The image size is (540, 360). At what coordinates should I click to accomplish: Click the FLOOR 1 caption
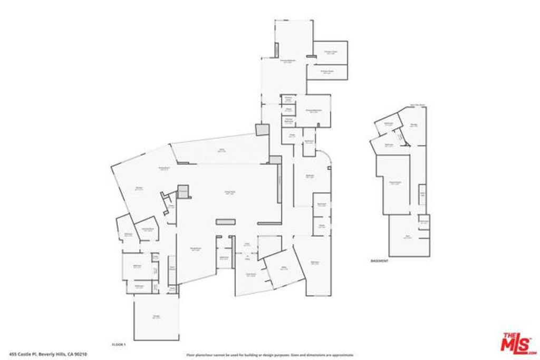[x=119, y=344]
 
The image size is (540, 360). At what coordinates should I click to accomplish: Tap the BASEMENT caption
[x=380, y=261]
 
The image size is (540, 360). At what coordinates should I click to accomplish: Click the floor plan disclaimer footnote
[x=270, y=355]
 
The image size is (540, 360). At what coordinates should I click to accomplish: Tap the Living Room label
[x=229, y=193]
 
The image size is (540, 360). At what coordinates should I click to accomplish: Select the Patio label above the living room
[x=222, y=151]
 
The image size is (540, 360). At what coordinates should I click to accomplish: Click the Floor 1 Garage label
[x=156, y=317]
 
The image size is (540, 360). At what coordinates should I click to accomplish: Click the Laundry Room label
[x=147, y=229]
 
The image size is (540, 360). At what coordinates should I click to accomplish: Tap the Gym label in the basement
[x=407, y=237]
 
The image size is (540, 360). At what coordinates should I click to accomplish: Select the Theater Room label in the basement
[x=396, y=182]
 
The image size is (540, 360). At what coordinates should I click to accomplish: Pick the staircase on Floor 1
[x=172, y=263]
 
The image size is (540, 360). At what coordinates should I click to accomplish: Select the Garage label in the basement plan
[x=414, y=125]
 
